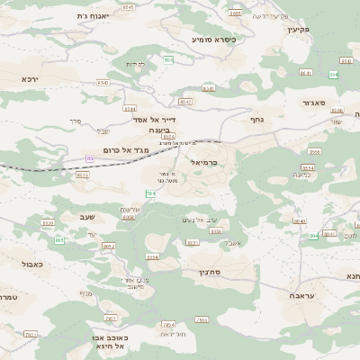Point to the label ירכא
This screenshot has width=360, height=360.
[x=35, y=78]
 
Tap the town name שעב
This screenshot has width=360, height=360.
[x=78, y=217]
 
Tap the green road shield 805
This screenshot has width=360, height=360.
[x=59, y=240]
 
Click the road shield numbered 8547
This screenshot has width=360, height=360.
[x=185, y=103]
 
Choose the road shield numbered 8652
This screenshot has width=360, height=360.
[x=109, y=246]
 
